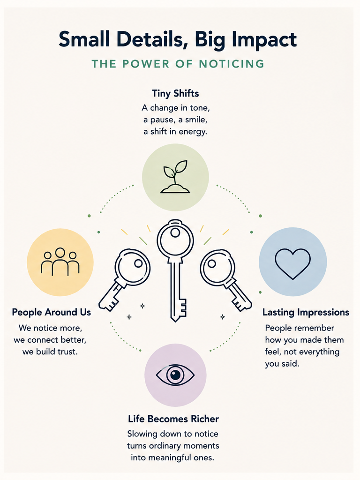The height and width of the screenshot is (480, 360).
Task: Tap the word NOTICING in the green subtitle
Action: pos(232,64)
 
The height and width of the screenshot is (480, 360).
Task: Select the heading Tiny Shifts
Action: pos(175,93)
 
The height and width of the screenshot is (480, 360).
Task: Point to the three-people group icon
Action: pos(60,262)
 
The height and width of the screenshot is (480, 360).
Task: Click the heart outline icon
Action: pos(292,263)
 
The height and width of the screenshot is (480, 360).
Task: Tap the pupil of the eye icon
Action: pos(175,375)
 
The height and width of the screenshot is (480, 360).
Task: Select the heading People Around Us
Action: pos(52,312)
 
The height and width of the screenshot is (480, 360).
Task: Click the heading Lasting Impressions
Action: pos(306,312)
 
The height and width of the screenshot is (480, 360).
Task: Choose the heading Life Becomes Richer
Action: pos(173,419)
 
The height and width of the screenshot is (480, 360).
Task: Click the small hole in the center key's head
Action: pos(175,233)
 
